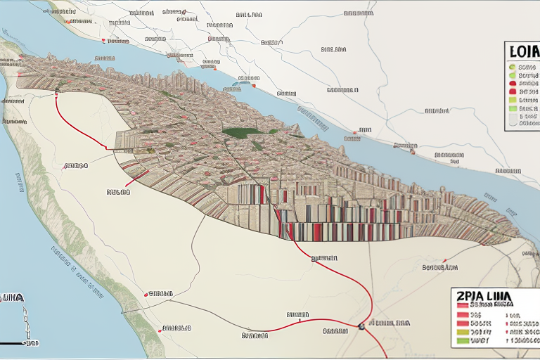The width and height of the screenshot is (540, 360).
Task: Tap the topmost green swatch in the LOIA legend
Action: (x=513, y=67)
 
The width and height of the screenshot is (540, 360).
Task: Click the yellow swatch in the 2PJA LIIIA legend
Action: (x=463, y=329)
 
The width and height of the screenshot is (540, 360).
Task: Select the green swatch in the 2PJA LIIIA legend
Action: (x=463, y=340)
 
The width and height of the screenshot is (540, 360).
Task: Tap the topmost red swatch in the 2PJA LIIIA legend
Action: (x=463, y=306)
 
